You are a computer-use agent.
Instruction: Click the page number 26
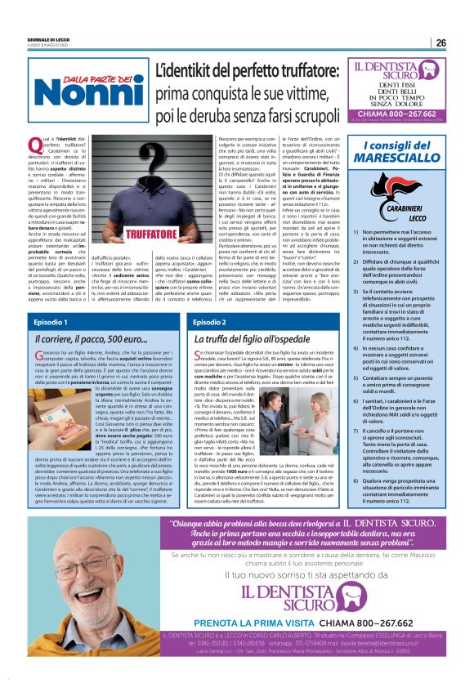click(x=440, y=42)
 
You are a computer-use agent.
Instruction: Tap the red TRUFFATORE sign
click(x=128, y=235)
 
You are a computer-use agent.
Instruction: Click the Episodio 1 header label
click(x=51, y=323)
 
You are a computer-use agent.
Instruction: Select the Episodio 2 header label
click(x=210, y=323)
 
